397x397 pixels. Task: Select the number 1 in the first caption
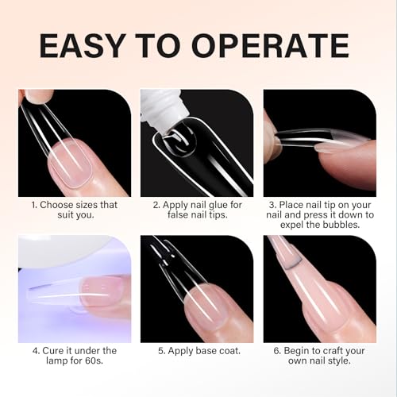click(34, 205)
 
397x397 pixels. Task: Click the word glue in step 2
click(219, 205)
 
